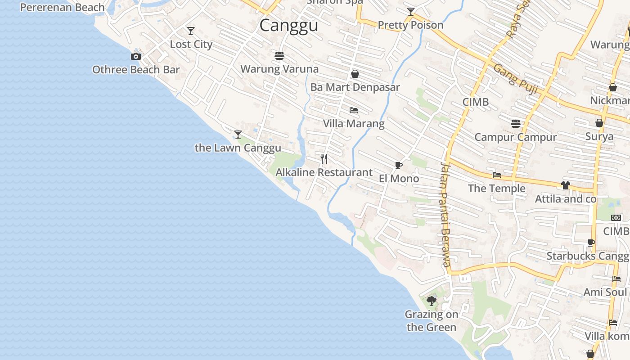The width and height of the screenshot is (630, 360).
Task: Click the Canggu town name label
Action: (288, 25)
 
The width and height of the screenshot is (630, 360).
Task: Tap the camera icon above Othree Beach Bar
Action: (135, 57)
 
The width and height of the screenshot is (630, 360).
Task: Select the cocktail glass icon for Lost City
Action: (191, 31)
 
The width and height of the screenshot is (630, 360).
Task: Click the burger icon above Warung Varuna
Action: (279, 56)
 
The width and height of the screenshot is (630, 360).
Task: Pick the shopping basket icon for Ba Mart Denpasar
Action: (355, 74)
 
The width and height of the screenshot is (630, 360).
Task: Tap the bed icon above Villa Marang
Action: (354, 110)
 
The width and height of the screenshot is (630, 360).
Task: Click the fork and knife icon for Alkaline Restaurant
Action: (324, 159)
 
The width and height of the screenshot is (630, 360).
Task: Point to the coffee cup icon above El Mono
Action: (398, 165)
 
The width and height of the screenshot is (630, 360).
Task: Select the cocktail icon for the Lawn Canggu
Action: (238, 135)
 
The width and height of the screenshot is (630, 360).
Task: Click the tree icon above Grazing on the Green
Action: (432, 301)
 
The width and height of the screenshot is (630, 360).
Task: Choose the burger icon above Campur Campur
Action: (516, 123)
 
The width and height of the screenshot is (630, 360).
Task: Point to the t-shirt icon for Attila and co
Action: (566, 185)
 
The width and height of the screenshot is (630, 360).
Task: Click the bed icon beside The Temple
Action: (497, 175)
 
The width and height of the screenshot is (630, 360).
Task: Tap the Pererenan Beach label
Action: (63, 8)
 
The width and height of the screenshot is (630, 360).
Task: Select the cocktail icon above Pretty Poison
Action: (410, 12)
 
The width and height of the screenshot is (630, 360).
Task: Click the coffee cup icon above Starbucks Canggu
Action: (591, 243)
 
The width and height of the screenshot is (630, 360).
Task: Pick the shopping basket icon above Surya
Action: (599, 123)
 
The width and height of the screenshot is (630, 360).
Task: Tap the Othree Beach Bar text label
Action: (136, 70)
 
